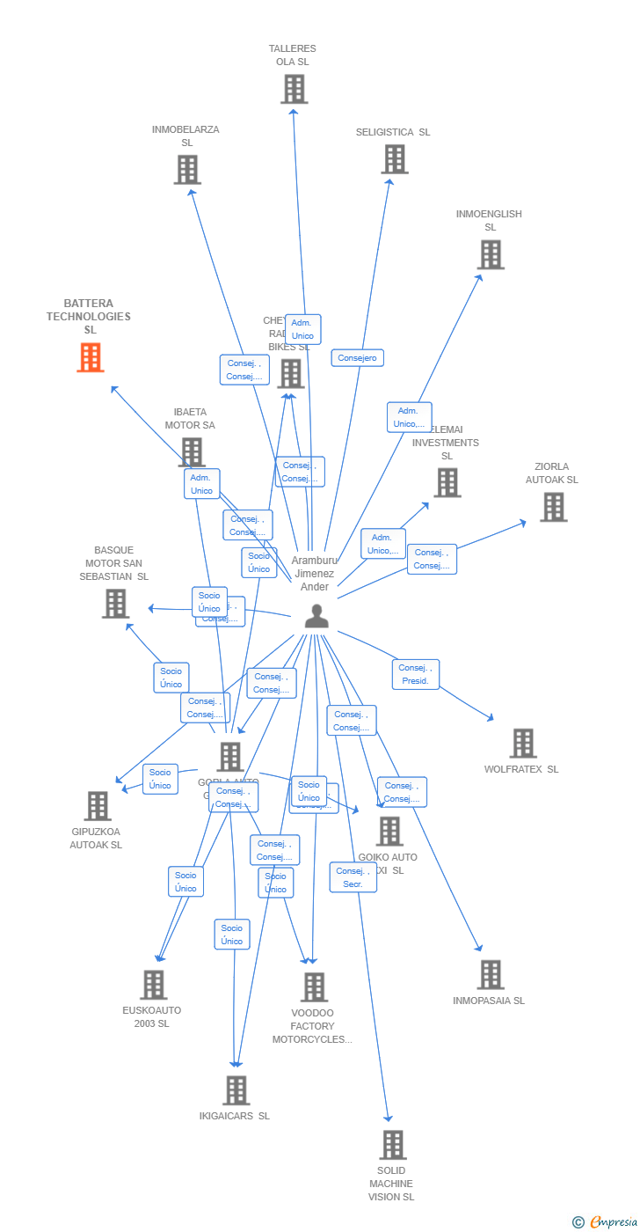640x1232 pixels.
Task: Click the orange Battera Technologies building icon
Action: pos(90,357)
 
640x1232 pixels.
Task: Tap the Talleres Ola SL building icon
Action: pos(294,89)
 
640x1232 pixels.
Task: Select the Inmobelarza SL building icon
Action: pos(187,170)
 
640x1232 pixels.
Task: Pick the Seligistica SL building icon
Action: pos(395,159)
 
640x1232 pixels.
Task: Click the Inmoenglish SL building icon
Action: pos(490,254)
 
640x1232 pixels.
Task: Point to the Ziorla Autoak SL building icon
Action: pos(553,507)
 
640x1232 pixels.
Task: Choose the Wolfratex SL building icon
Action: pos(523,743)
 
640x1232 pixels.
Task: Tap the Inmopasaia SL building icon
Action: pos(490,974)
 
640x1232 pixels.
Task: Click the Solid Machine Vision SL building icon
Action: pos(392,1145)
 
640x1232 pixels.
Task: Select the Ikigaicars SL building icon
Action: pos(236,1090)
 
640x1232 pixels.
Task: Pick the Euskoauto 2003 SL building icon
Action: pos(153,985)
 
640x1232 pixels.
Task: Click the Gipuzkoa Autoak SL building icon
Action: pos(97,805)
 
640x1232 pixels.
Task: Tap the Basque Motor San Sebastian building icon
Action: pos(115,604)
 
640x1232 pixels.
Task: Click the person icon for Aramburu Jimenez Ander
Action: pos(316,616)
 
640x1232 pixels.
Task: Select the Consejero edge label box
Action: pos(357,358)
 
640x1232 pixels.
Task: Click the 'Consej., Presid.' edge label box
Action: pos(415,674)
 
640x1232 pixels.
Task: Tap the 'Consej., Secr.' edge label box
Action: pos(353,877)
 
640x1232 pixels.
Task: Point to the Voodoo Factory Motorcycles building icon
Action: pos(314,987)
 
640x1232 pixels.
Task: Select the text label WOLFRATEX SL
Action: pos(520,769)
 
